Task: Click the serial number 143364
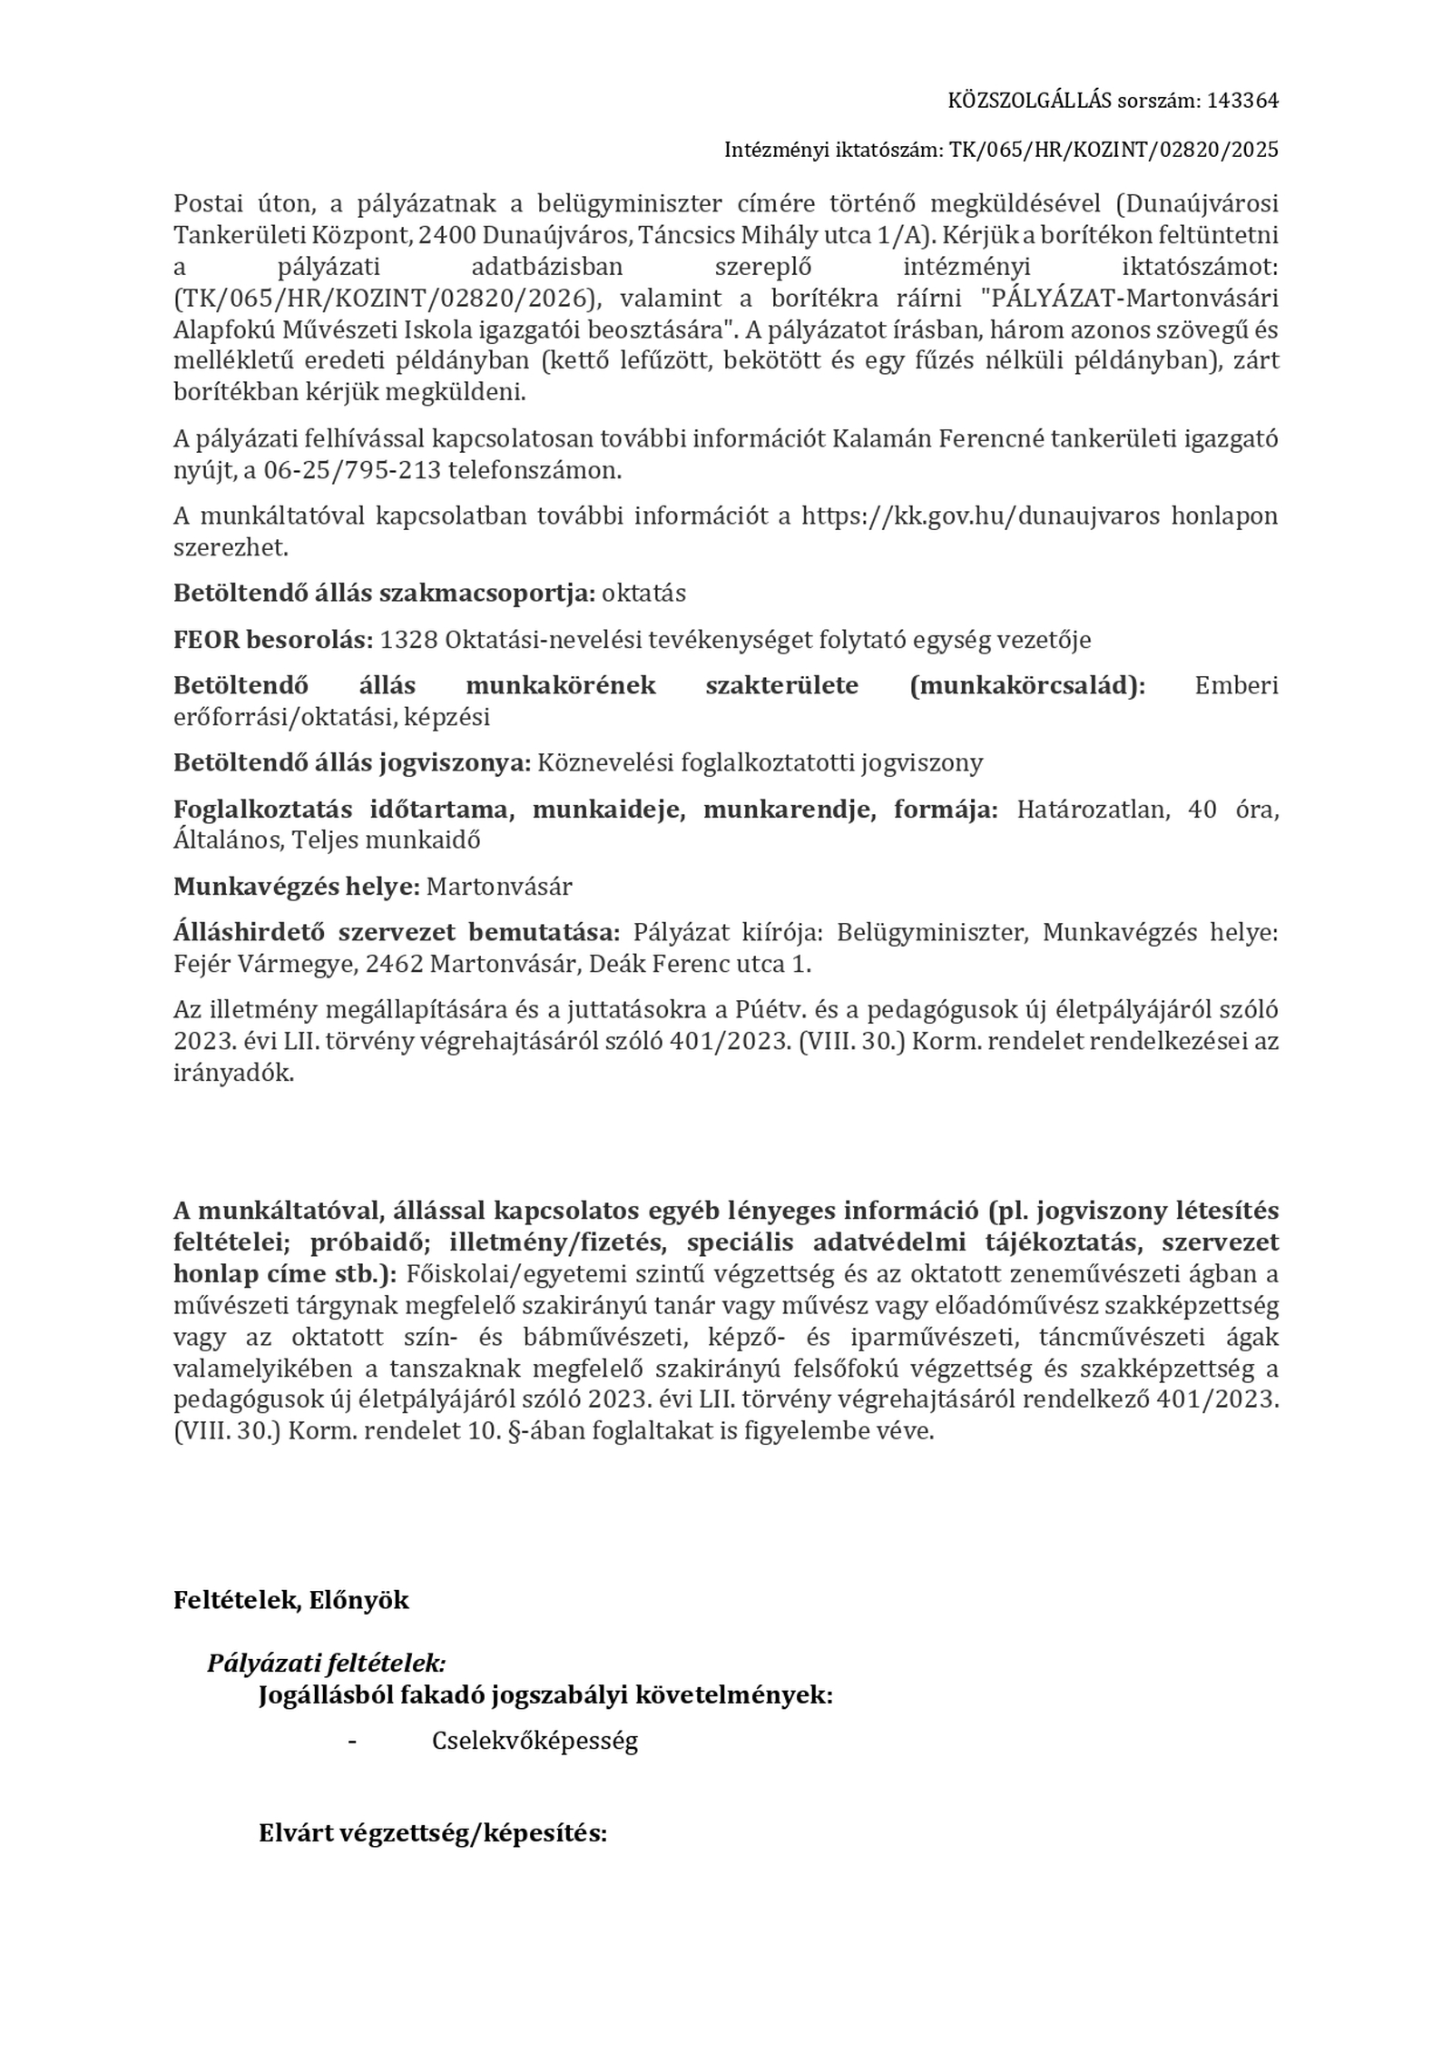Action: click(x=1241, y=101)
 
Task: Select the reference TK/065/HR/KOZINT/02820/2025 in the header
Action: click(x=1114, y=150)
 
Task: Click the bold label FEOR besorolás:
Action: click(x=273, y=640)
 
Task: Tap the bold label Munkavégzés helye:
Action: click(x=297, y=886)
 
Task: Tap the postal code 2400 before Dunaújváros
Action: click(x=447, y=235)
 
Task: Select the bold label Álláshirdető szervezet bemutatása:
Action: click(x=397, y=932)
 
